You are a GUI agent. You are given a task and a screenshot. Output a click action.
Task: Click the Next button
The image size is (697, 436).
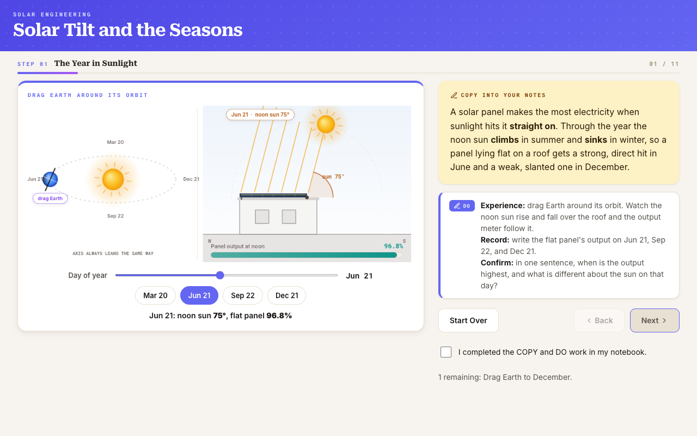655,320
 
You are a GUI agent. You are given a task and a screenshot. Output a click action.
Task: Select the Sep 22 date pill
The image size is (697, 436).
243,295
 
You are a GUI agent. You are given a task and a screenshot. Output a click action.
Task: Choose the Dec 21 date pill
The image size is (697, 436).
286,295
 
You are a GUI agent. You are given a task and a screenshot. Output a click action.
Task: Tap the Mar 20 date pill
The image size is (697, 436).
155,295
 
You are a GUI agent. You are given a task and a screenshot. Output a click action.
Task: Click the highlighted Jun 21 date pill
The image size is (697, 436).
199,295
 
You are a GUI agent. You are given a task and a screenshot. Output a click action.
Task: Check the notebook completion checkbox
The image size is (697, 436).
446,352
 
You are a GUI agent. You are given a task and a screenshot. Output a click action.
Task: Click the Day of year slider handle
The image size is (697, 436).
220,275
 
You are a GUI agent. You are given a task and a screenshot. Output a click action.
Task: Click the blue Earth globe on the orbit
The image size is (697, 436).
50,179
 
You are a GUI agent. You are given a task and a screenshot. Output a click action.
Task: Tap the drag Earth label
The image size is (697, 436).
50,198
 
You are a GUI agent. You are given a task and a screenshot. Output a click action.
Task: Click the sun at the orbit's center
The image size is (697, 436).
113,179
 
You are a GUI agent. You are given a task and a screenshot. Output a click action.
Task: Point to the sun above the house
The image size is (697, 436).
326,124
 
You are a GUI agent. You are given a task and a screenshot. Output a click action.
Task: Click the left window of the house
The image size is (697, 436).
262,217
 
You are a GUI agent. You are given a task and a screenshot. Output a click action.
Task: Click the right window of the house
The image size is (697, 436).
289,217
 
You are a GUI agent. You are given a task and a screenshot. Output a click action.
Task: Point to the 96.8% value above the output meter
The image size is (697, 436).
394,246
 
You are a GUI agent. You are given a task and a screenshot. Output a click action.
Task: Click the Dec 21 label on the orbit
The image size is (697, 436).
191,179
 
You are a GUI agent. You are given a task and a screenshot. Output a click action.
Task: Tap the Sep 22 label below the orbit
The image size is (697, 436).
115,216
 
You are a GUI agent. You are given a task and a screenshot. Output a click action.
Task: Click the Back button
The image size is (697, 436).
599,320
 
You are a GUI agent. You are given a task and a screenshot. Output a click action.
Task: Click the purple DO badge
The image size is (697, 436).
462,206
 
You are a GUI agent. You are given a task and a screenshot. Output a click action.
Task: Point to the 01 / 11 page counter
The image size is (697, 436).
664,64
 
